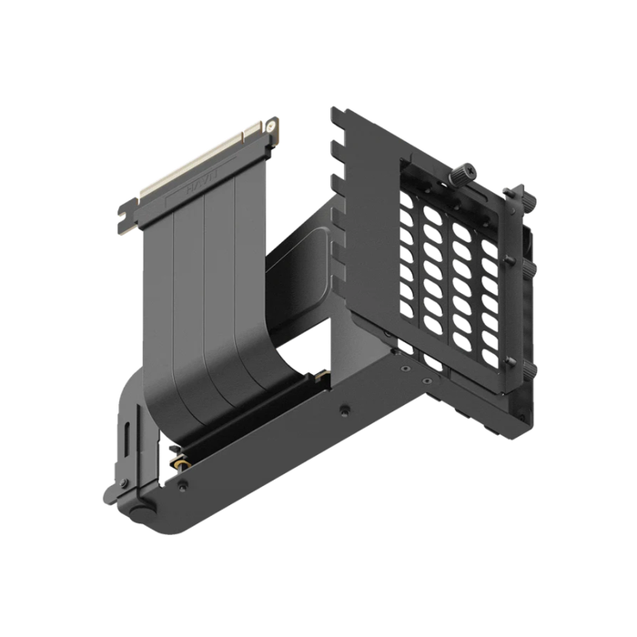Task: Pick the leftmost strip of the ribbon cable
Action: [162, 273]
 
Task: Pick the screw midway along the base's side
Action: [345, 410]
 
